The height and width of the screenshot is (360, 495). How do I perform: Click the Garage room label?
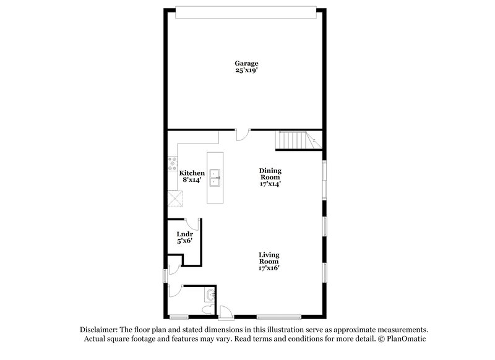coord(246,63)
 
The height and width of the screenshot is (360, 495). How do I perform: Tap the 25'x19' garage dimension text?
coord(246,71)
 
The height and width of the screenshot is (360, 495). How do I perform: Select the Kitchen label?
coord(192,173)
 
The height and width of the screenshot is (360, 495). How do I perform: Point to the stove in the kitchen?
coord(171,165)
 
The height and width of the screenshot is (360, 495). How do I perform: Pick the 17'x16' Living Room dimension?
coord(269,268)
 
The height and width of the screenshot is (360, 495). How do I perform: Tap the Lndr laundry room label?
coord(184,234)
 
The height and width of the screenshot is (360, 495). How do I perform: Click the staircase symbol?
coord(295,141)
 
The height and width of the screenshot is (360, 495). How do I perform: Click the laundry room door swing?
coord(193,225)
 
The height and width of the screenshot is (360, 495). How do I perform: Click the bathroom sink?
coord(210,293)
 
